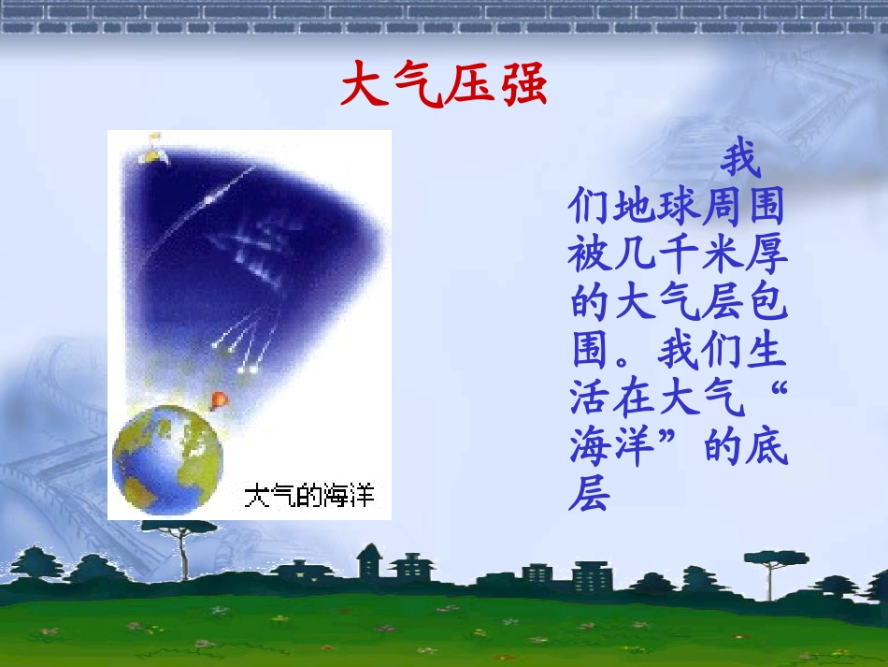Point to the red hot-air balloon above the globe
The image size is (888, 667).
[219, 400]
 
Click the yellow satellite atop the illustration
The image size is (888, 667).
[152, 150]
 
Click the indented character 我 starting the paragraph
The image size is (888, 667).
[741, 161]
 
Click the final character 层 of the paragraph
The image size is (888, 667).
[589, 495]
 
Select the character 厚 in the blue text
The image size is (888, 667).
[766, 254]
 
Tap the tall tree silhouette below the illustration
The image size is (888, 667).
[178, 547]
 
